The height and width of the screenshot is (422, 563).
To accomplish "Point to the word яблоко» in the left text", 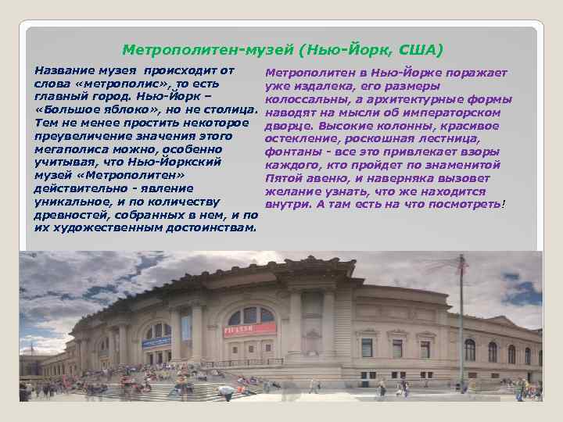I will (x=113, y=109).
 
